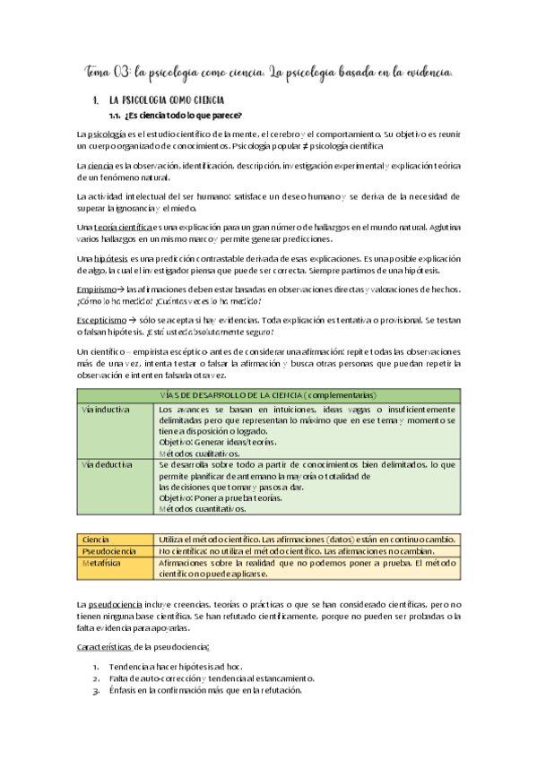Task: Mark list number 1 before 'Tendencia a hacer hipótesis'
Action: [x=96, y=668]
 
